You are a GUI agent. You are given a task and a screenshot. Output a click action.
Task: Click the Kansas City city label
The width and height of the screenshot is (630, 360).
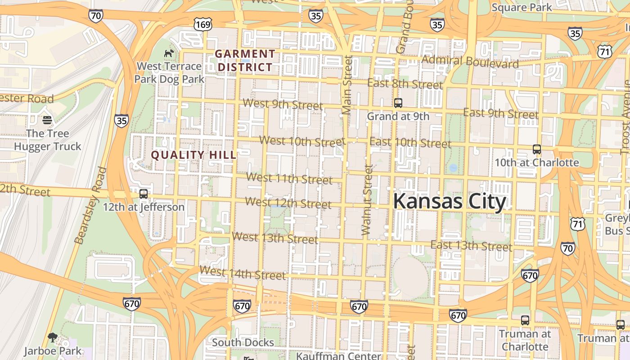(x=450, y=202)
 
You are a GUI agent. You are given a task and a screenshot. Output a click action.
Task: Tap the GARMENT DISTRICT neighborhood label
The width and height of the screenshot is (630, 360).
(x=244, y=60)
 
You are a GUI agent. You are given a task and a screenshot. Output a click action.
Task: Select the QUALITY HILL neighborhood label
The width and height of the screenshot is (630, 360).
(x=193, y=155)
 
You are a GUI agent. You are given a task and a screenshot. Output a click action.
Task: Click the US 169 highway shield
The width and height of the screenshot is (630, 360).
(x=203, y=24)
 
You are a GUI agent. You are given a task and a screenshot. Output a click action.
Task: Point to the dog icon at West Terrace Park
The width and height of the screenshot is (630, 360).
(x=169, y=54)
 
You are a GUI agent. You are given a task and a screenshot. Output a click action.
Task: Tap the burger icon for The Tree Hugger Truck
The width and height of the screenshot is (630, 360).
(x=47, y=120)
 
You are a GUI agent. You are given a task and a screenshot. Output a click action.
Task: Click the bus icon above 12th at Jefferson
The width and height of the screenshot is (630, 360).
(x=144, y=194)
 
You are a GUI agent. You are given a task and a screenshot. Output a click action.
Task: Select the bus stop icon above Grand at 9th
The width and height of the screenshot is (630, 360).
(x=398, y=103)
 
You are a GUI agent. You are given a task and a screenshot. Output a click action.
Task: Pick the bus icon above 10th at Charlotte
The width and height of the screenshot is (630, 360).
(x=536, y=149)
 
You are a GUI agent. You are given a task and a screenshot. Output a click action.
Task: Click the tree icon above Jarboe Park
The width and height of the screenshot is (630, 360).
(x=53, y=337)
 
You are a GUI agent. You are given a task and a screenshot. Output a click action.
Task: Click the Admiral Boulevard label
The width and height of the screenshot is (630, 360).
(x=470, y=61)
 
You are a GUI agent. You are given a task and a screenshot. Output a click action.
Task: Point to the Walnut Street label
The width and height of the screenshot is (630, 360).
(x=367, y=200)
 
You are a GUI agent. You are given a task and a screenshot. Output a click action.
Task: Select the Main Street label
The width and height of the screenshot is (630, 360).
(x=346, y=85)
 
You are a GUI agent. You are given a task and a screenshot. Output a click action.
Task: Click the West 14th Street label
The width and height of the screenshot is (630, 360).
(x=243, y=273)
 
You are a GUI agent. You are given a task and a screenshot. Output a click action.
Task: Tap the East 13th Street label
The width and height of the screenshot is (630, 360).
(x=471, y=246)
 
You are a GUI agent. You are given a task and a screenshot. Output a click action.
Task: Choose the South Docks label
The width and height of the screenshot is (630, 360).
(x=243, y=342)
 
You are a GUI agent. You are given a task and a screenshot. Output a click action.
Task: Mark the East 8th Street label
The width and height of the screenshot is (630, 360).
(x=405, y=84)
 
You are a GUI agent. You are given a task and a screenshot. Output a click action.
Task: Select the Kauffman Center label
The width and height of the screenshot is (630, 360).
(x=338, y=355)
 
